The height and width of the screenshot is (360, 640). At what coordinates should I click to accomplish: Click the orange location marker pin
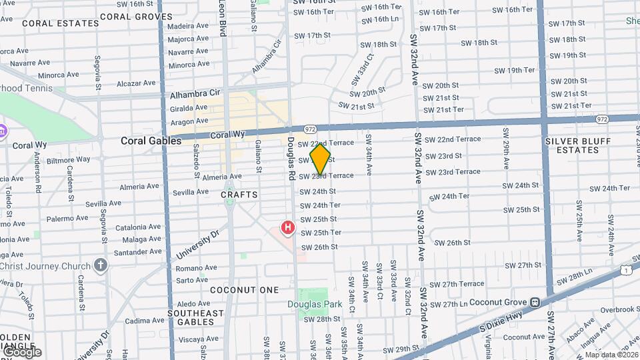click(321, 159)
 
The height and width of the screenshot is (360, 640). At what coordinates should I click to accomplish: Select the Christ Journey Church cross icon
click(100, 265)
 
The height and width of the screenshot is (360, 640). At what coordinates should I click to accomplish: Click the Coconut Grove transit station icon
click(535, 302)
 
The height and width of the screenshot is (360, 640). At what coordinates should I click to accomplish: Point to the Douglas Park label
click(315, 305)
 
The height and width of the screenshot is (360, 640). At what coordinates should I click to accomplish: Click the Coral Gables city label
click(151, 141)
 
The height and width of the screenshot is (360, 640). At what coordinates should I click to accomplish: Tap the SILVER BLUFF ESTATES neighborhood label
click(572, 145)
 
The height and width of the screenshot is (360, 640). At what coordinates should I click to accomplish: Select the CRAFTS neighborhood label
click(239, 195)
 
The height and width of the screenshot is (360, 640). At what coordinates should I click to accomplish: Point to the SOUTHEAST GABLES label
click(195, 317)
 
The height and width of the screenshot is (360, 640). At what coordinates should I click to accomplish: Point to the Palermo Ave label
click(67, 218)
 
